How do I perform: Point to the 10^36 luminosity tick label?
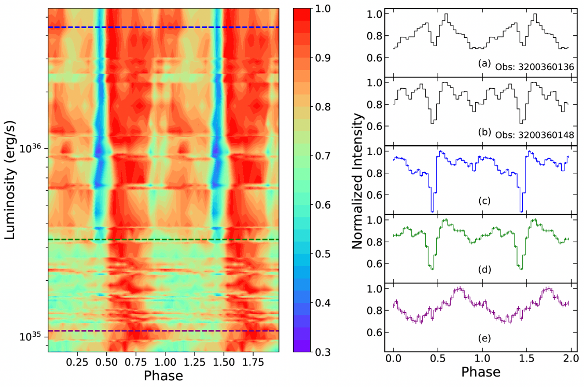point(32,149)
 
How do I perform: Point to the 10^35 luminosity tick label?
point(32,337)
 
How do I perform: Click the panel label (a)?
point(484,64)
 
